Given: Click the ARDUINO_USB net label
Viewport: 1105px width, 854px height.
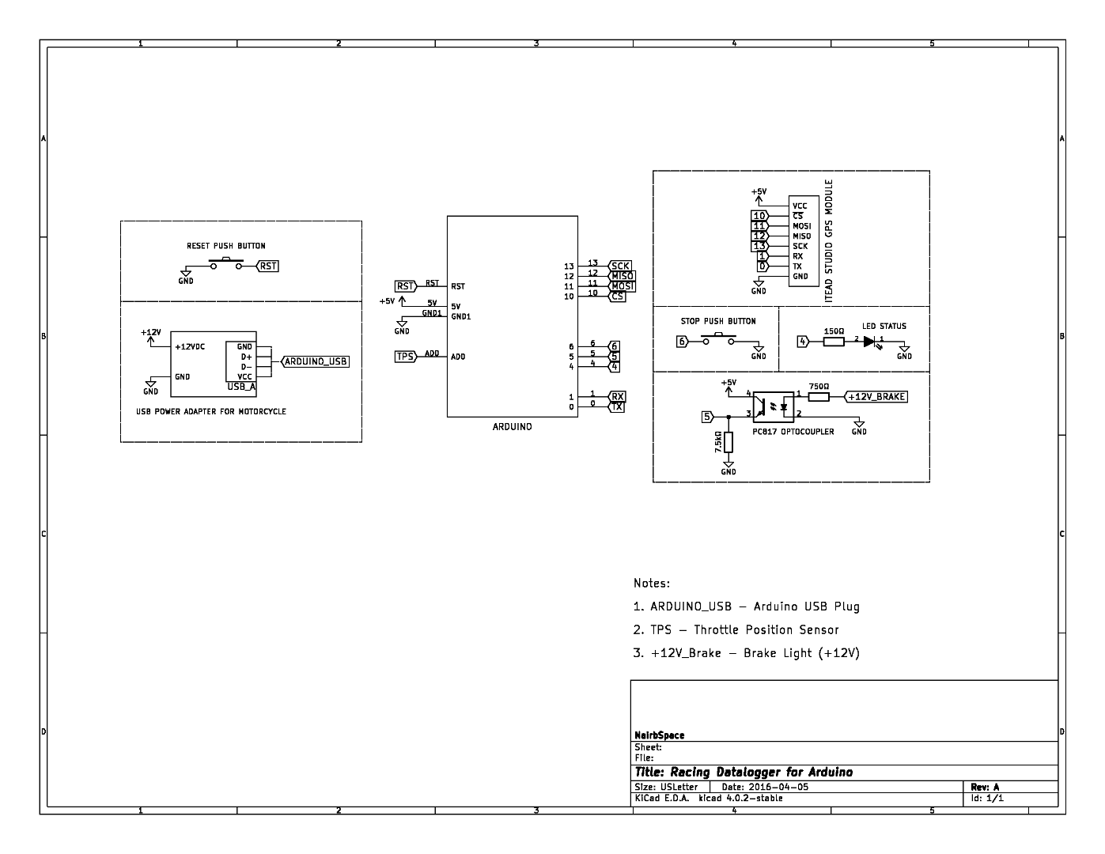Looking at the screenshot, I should coord(316,362).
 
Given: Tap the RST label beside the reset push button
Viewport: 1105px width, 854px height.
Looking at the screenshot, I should coord(268,266).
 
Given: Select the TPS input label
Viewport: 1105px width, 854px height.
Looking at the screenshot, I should coord(405,357).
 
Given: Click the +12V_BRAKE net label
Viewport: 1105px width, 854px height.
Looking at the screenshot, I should coord(876,397).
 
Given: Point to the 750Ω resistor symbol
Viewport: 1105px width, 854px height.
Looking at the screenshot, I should coord(819,396).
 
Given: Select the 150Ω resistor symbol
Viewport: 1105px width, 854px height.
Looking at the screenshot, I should coord(834,342).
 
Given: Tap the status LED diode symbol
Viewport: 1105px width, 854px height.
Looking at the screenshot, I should coord(870,342).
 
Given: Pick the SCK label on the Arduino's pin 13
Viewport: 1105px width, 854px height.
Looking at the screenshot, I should coord(620,266).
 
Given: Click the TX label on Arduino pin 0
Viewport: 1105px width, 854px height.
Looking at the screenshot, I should coord(617,406).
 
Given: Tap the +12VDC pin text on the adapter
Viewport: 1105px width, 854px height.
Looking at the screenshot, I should coord(190,347).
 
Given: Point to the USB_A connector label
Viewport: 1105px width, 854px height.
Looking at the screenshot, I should coord(241,387).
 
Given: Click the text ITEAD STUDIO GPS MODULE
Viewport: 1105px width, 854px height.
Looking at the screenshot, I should coord(829,239).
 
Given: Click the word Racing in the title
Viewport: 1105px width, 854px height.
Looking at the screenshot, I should coord(689,773).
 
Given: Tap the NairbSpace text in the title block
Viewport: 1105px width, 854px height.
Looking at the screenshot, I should coord(659,735).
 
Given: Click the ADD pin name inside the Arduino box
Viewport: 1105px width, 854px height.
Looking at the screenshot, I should coord(458,357).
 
